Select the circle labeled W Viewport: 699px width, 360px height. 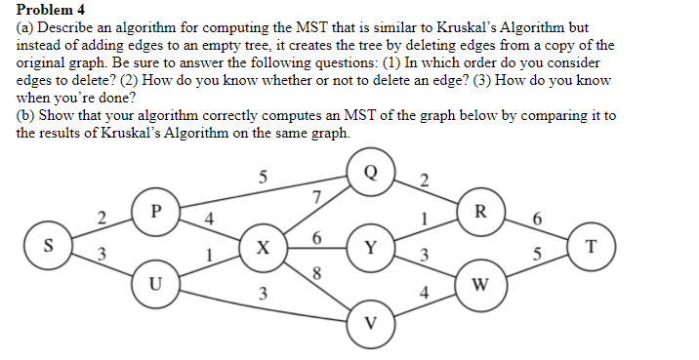479,285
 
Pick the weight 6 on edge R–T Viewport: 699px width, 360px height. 535,217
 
